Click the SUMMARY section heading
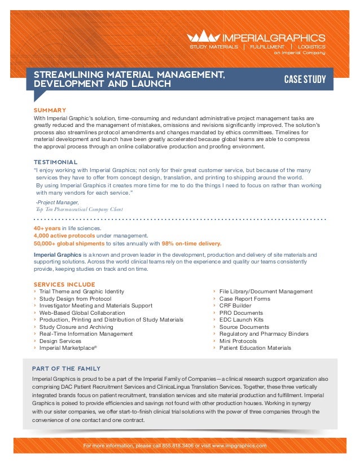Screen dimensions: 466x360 click(50, 110)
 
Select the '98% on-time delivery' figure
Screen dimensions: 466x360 click(192, 244)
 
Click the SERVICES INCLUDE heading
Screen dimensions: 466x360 click(64, 284)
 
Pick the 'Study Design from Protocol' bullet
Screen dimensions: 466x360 click(75, 298)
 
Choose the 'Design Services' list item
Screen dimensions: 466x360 click(60, 341)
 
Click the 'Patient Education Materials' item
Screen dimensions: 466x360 click(255, 348)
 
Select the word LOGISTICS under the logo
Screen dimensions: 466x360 click(311, 46)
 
